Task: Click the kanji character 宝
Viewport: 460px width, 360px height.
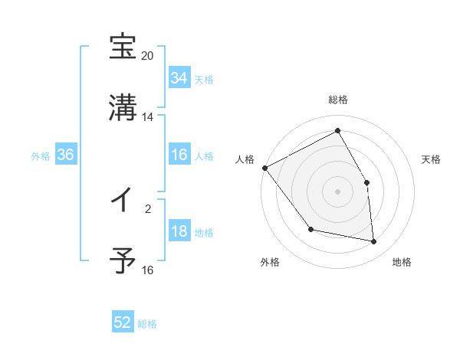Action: (x=123, y=47)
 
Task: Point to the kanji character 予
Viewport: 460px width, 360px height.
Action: (x=123, y=261)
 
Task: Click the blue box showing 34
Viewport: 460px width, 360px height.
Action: (x=179, y=78)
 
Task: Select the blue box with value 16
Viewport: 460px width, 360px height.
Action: (x=179, y=155)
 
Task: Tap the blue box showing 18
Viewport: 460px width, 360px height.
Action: (x=179, y=232)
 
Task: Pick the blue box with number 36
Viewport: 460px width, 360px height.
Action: (x=66, y=155)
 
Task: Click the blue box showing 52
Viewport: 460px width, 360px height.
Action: (x=123, y=322)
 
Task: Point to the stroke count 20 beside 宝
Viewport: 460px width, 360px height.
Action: (x=148, y=57)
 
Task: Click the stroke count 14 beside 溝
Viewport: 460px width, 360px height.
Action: (x=148, y=117)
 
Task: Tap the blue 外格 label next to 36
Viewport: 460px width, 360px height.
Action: (x=41, y=155)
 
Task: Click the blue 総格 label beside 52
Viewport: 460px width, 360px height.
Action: (x=147, y=323)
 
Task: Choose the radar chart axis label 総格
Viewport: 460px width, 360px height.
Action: (x=338, y=100)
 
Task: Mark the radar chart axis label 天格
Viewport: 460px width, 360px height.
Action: (x=432, y=159)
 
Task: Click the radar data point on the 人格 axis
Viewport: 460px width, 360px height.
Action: (x=264, y=168)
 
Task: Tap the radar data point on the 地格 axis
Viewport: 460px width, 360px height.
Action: (x=374, y=242)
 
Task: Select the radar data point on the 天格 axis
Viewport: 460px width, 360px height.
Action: (x=367, y=182)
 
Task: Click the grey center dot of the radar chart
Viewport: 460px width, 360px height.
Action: (x=338, y=191)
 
